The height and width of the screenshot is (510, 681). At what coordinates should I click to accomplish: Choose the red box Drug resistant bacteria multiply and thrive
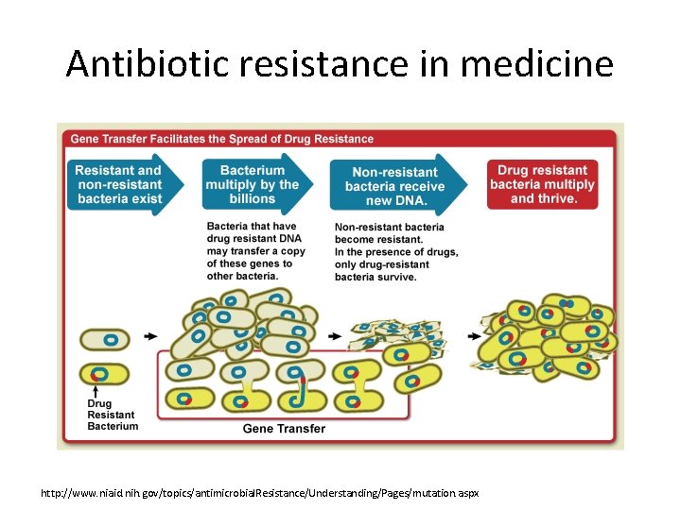tap(542, 184)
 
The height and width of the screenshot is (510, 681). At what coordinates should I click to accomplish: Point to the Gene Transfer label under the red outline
tap(284, 429)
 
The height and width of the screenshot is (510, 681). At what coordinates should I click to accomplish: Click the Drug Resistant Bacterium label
tap(113, 415)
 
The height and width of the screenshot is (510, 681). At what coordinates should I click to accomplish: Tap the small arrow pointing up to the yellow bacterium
tap(97, 390)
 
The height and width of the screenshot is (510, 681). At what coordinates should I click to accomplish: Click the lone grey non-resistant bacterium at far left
tap(104, 340)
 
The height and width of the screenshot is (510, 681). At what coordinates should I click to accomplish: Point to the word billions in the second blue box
tap(253, 199)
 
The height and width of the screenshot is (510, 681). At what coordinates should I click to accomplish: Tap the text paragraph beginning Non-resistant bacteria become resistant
tap(396, 246)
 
